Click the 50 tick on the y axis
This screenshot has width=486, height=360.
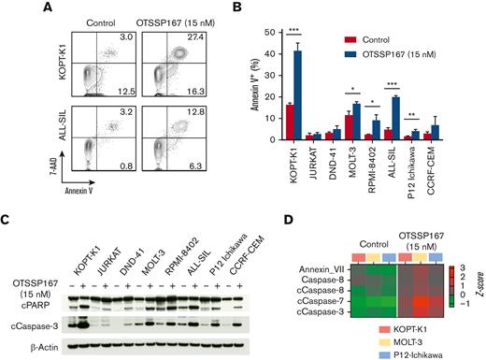tap(252, 33)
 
